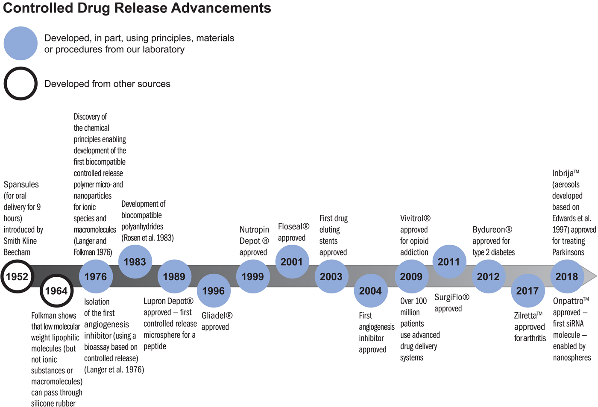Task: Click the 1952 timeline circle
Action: click(17, 277)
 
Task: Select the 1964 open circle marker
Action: click(56, 291)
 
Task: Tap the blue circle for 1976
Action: click(96, 277)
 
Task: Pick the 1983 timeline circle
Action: click(135, 262)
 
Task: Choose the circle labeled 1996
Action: click(213, 291)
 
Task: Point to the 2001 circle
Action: click(292, 262)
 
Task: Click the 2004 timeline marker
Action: click(370, 291)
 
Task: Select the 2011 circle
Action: click(449, 262)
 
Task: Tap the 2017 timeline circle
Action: click(528, 291)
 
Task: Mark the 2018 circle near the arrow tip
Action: click(567, 277)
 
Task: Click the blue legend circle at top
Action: click(21, 44)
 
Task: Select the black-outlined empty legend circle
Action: click(21, 84)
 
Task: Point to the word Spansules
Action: click(21, 184)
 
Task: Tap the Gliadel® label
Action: click(217, 316)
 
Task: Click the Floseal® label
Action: click(293, 226)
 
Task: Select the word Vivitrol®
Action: click(415, 218)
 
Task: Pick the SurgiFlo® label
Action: click(452, 297)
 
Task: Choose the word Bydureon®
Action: click(492, 230)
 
